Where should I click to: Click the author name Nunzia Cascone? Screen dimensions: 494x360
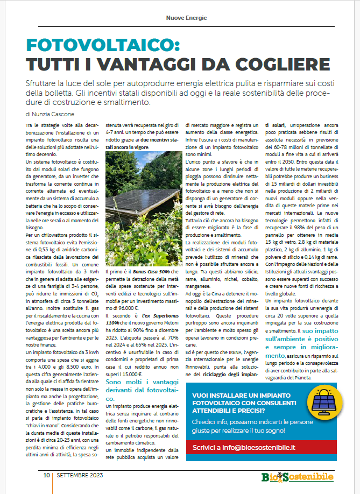point(54,115)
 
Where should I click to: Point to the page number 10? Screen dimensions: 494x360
point(47,476)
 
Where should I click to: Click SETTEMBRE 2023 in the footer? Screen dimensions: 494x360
point(80,476)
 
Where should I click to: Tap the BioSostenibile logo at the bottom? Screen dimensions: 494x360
point(297,477)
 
